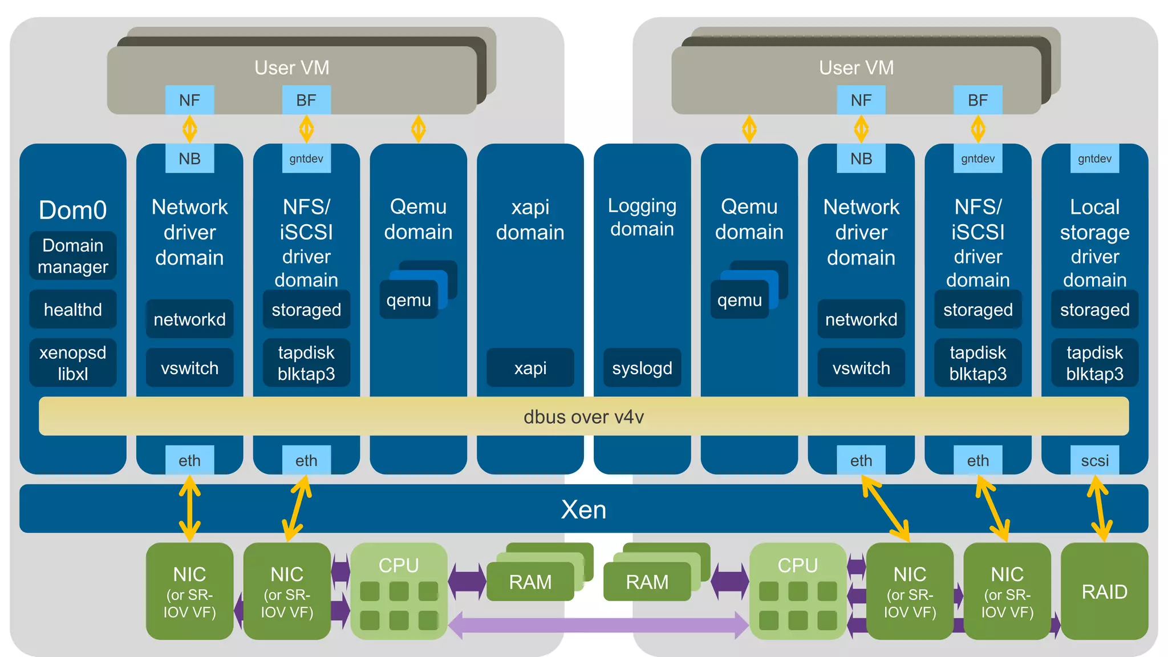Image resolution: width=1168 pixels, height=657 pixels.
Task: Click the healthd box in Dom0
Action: (73, 310)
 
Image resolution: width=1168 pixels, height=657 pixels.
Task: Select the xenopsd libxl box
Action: (73, 363)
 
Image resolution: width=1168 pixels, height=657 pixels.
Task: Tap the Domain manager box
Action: (73, 255)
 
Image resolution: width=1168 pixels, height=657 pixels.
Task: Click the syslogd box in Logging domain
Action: (642, 368)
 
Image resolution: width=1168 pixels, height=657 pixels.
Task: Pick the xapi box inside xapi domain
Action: (530, 368)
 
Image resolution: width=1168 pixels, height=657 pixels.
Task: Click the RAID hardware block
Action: (1104, 591)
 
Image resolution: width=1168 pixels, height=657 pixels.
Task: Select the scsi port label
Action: (1094, 460)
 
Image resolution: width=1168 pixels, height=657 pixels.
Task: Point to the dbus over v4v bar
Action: (583, 417)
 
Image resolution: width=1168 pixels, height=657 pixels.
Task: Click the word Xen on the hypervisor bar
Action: (583, 509)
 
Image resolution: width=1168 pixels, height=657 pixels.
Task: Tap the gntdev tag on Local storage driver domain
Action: (1094, 159)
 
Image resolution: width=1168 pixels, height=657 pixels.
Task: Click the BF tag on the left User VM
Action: (306, 100)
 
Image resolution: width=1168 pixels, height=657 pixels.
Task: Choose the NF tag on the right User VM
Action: (861, 100)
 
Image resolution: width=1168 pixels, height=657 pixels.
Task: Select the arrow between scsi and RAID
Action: (1099, 509)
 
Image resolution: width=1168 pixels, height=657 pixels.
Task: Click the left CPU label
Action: (399, 565)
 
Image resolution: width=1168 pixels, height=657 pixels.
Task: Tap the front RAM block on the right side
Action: (647, 582)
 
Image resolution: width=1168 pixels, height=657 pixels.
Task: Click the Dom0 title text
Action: (73, 210)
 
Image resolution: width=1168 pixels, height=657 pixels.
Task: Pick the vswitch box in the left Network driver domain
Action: (189, 368)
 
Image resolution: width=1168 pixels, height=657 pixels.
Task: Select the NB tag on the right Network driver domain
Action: (861, 159)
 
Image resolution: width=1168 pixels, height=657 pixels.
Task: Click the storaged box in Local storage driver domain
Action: (1094, 310)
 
